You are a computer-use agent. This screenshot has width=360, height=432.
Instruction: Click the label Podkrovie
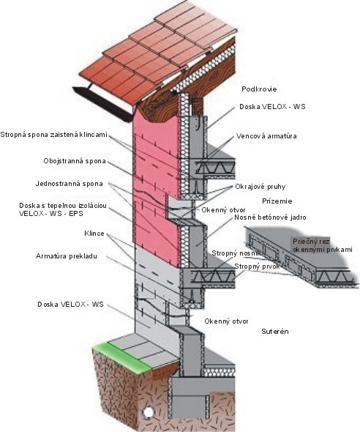click(259, 89)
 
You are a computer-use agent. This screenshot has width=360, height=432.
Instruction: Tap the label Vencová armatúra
click(266, 136)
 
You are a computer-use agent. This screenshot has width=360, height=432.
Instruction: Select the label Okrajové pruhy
click(260, 187)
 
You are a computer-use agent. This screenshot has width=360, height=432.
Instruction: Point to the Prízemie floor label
click(277, 201)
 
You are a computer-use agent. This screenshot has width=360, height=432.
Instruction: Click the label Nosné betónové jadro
click(270, 217)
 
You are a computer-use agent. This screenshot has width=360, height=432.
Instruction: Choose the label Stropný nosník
click(236, 253)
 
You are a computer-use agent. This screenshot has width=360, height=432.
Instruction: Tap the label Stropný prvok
click(257, 267)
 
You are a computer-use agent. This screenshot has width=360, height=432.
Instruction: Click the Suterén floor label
click(275, 331)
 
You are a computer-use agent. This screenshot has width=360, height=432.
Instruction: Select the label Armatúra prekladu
click(67, 256)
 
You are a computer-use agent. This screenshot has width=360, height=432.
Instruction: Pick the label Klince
click(94, 234)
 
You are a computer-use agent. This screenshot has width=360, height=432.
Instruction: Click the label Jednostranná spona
click(69, 184)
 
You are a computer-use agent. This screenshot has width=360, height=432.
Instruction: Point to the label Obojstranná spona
click(75, 161)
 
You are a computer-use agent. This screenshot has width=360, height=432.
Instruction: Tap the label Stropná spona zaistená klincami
click(53, 135)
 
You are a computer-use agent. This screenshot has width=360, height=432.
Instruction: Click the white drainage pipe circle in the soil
click(149, 412)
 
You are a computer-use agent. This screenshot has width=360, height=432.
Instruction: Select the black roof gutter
click(102, 104)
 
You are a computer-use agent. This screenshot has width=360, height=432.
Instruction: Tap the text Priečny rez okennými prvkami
click(322, 245)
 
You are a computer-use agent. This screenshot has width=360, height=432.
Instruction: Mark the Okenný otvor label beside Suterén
click(226, 321)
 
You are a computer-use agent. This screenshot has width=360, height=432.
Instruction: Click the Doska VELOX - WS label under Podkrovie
click(272, 107)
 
